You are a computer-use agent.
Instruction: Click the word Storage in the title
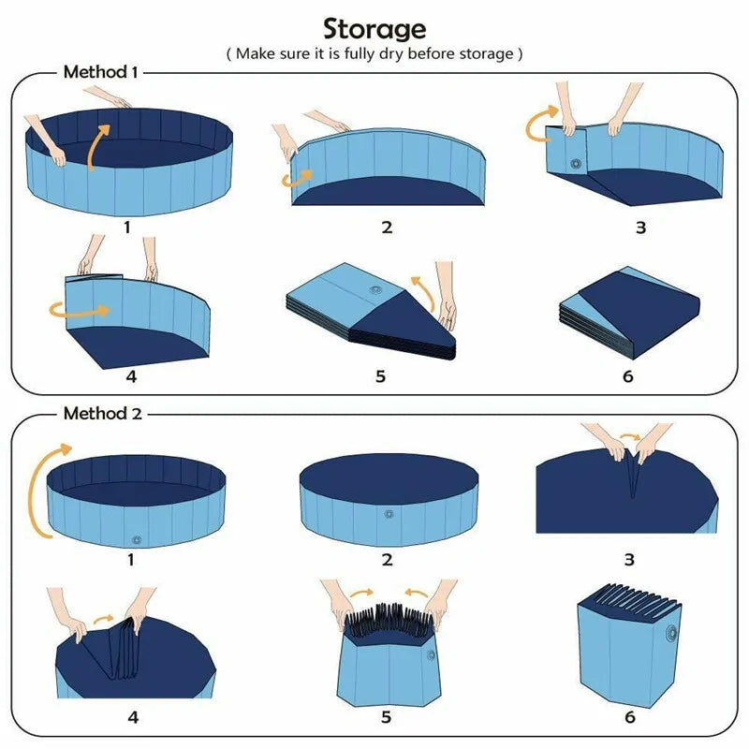374,28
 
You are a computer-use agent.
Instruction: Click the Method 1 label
100,71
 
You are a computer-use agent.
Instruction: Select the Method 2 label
102,413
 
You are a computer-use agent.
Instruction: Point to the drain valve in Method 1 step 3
573,163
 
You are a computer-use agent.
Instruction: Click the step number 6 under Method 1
627,376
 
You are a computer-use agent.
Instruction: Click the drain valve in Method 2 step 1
137,540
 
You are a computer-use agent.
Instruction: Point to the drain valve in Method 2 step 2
388,514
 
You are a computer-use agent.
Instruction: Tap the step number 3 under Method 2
628,559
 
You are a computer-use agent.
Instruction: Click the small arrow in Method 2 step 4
106,619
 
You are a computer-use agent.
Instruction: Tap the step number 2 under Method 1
387,227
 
